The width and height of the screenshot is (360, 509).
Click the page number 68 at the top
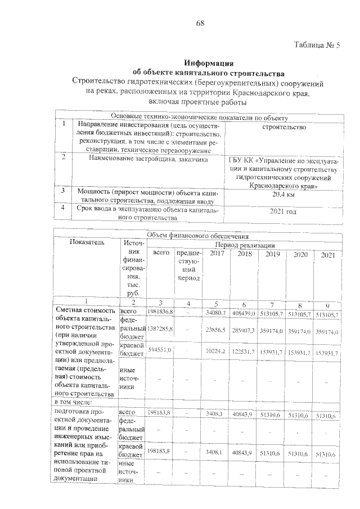(200, 23)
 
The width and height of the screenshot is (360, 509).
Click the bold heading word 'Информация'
(209, 62)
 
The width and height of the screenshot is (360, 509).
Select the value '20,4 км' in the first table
(283, 195)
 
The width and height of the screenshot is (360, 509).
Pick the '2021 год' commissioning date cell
(283, 211)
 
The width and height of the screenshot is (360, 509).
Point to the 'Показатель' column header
(87, 242)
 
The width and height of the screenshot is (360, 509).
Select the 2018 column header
(244, 255)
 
